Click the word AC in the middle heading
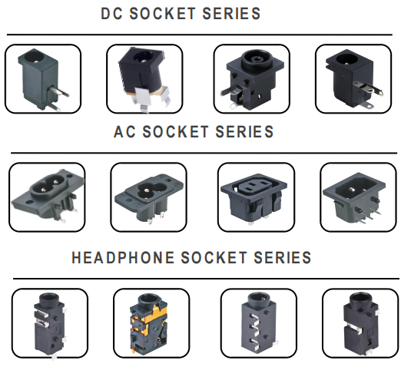coord(124,132)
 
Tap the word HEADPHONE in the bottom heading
coord(123,257)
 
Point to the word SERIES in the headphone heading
coord(283,257)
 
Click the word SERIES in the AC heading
coord(244,132)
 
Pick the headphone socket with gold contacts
coord(148,323)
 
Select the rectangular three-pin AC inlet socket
coord(354,197)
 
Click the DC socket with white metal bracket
coord(144,80)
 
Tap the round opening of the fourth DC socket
coord(347,58)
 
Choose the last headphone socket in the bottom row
coord(361,324)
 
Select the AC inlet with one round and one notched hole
coord(149,198)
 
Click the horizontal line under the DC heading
coord(200,35)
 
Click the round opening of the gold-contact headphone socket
coord(149,299)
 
